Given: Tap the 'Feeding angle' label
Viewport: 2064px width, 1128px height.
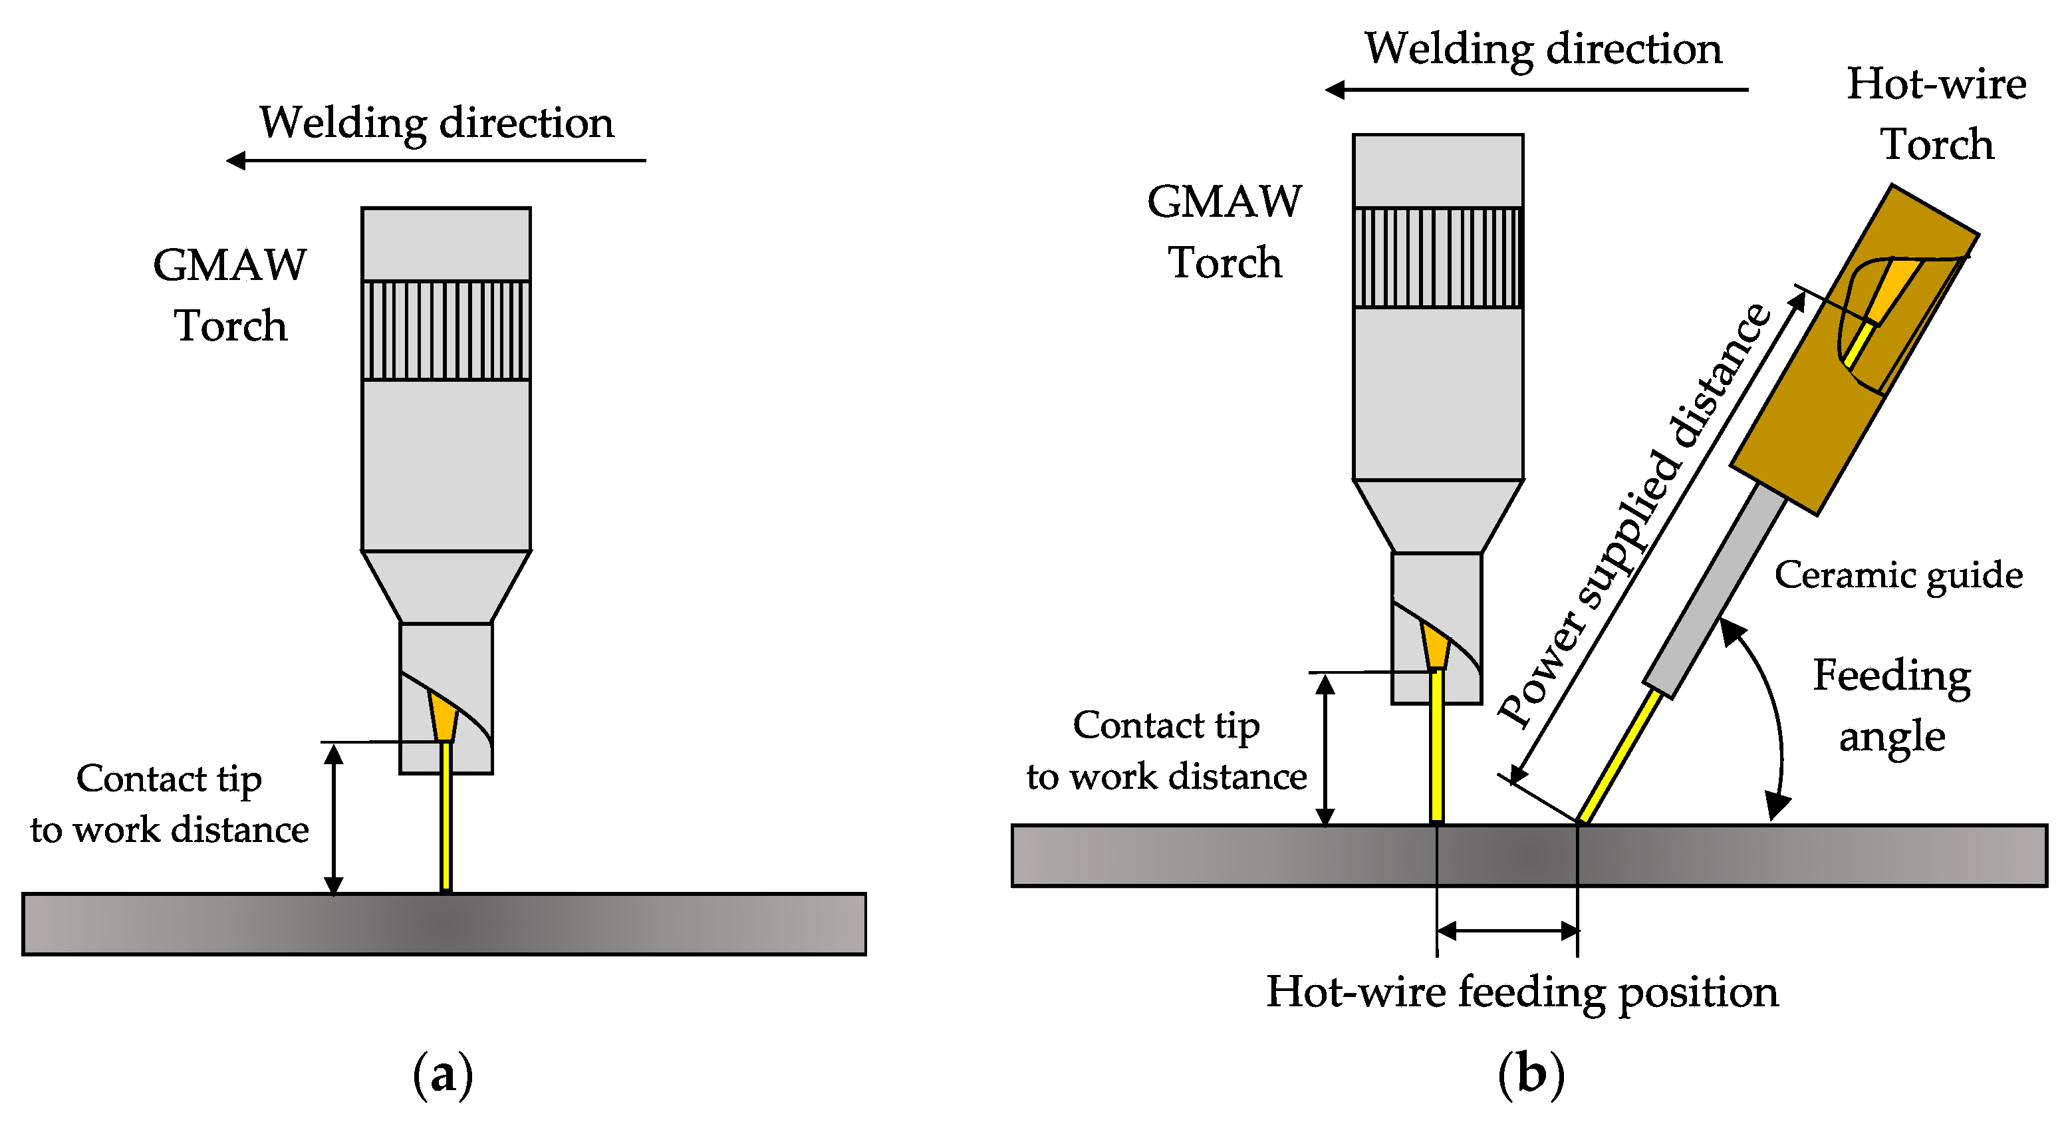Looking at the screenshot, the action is (1892, 706).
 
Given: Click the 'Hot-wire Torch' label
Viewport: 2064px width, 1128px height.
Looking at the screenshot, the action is (1936, 114).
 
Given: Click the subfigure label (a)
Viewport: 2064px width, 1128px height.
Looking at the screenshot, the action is (442, 1074).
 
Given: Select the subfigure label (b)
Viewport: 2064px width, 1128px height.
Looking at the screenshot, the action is (1530, 1074).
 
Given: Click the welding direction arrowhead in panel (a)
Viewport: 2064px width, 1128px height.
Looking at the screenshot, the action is (235, 161).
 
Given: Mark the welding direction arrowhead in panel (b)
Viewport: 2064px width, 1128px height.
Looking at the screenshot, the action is (1335, 90).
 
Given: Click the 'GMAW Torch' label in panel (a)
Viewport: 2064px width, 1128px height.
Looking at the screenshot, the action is (230, 295).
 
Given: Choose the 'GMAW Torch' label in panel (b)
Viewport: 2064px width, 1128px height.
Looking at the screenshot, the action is (1224, 231).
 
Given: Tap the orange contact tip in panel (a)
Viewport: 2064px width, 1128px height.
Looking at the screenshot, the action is (443, 716).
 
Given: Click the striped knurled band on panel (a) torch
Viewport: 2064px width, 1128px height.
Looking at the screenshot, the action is (446, 330).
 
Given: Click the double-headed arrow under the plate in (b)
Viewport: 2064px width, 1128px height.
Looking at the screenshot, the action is (1508, 931).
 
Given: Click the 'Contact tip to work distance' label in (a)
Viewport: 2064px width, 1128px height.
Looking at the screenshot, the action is (169, 803).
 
